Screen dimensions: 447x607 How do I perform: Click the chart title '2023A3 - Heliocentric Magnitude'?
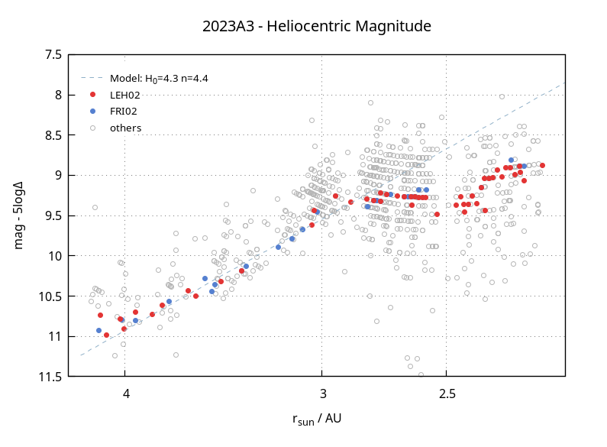click(x=316, y=27)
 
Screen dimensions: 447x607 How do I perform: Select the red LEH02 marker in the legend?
click(x=92, y=95)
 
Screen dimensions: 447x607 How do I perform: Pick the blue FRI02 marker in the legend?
click(x=92, y=111)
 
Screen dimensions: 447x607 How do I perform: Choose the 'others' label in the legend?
click(x=125, y=128)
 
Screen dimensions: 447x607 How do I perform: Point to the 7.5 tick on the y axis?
click(x=53, y=55)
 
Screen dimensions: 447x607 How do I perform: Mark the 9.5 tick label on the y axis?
click(x=53, y=215)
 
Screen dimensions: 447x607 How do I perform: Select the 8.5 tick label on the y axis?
click(x=53, y=135)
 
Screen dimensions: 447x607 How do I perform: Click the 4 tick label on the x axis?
click(x=126, y=394)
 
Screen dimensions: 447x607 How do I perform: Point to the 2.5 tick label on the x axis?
click(x=447, y=394)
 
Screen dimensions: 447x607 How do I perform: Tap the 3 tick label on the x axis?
click(x=323, y=394)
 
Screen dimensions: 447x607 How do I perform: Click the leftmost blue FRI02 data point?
click(x=98, y=330)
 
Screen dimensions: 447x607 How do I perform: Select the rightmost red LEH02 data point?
click(x=542, y=165)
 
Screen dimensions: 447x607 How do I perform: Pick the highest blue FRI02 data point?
click(x=511, y=160)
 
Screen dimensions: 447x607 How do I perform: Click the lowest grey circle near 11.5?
click(x=421, y=374)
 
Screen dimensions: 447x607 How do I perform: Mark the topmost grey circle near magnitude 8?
click(x=502, y=96)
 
